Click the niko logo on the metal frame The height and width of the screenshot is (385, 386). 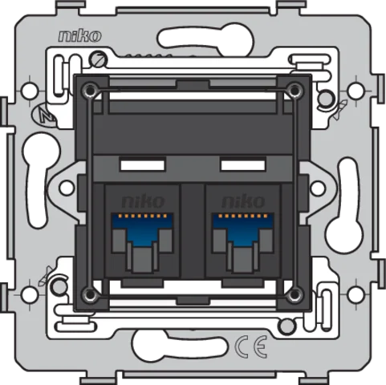click(80, 36)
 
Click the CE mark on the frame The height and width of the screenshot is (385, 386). click(250, 346)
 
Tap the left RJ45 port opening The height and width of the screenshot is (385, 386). click(142, 242)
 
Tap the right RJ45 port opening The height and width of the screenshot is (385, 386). click(243, 242)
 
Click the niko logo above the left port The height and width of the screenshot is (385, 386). click(143, 201)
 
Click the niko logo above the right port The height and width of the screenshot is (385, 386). click(243, 201)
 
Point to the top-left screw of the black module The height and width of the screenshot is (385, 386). click(90, 91)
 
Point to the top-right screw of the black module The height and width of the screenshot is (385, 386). click(295, 91)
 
